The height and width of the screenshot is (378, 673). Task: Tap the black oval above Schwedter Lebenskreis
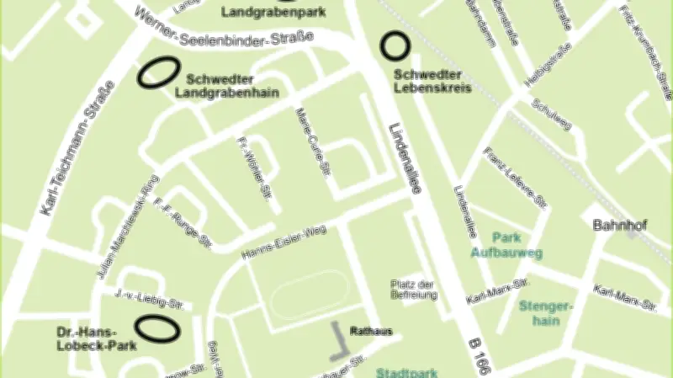[x=393, y=45]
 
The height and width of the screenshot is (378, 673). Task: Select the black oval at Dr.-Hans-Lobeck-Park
[x=157, y=327]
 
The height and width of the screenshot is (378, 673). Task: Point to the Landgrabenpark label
[x=262, y=13]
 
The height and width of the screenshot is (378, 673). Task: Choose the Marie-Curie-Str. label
[x=311, y=141]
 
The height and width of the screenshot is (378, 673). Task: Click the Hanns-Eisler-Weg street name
[x=283, y=243]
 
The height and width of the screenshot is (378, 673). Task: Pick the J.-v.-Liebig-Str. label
[x=150, y=298]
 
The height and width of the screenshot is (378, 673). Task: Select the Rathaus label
[x=370, y=331]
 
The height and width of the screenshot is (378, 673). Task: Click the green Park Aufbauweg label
[x=506, y=245]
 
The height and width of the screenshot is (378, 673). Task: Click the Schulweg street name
[x=552, y=114]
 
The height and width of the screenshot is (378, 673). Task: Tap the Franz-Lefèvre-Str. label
[x=516, y=178]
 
